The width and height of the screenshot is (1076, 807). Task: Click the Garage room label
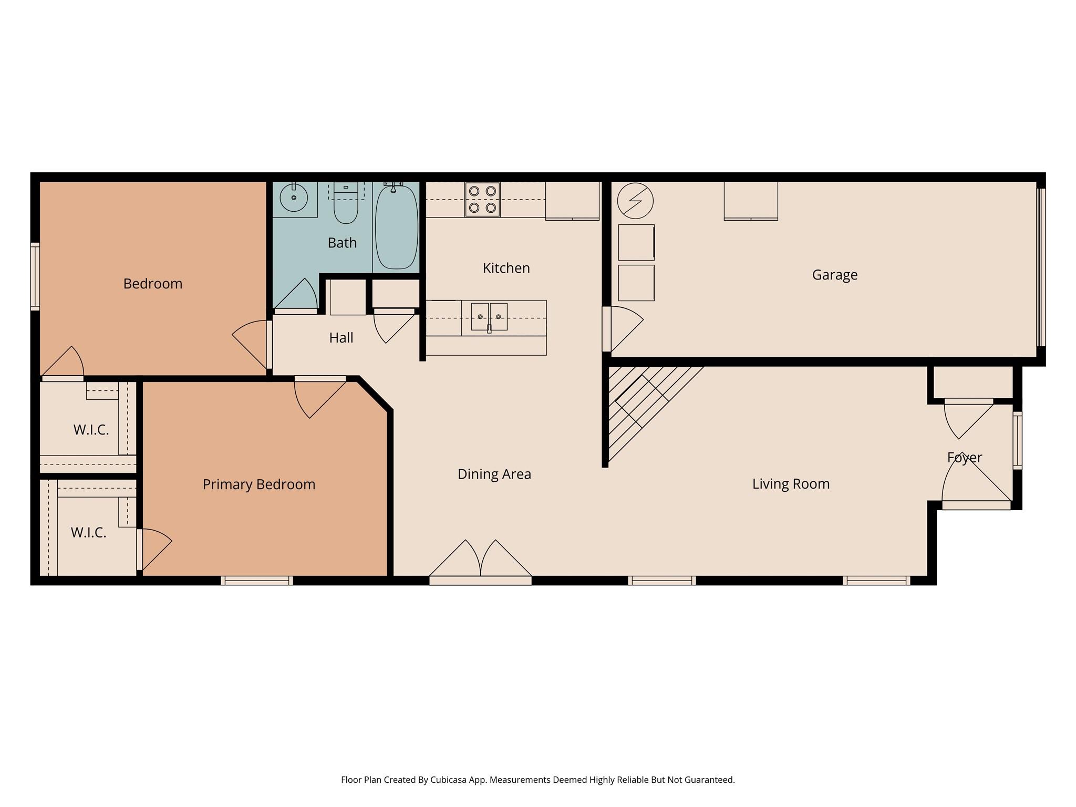(x=834, y=275)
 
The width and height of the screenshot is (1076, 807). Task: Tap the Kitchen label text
(x=506, y=268)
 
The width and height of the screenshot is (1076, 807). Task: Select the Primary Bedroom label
(x=259, y=484)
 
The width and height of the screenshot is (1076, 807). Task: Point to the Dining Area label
(x=494, y=474)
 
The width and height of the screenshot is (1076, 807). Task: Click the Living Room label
(x=791, y=484)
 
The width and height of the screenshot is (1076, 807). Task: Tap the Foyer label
(x=964, y=458)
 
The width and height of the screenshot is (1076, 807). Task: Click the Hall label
(x=341, y=338)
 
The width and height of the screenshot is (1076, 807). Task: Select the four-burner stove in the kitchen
(x=482, y=200)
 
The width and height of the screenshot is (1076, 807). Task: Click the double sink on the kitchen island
(x=489, y=317)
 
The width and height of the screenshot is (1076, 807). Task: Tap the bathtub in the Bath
(x=397, y=227)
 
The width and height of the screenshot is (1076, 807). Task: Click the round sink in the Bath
(x=294, y=198)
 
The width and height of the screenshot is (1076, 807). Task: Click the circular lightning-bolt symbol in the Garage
(x=635, y=201)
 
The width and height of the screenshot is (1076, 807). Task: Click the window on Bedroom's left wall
(x=35, y=276)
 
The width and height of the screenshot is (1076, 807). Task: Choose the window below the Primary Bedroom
(x=256, y=581)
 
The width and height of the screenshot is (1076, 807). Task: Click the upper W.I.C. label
(x=91, y=430)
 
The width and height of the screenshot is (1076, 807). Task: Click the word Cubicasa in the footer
(x=449, y=780)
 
